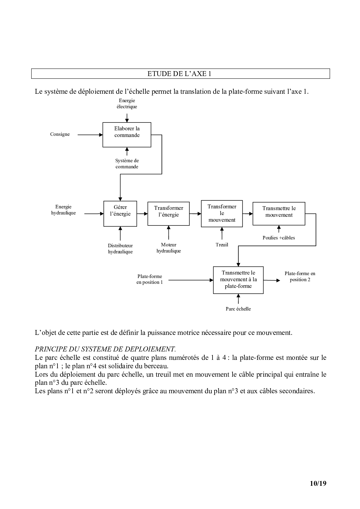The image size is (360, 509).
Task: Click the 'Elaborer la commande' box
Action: [127, 135]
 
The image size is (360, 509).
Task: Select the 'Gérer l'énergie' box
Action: [120, 214]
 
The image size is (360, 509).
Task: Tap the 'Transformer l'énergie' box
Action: [168, 214]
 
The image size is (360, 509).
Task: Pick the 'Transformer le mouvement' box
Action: [222, 213]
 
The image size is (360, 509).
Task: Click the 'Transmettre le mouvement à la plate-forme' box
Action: [238, 280]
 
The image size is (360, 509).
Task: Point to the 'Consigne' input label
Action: [60, 134]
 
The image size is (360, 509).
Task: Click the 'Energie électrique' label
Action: [127, 104]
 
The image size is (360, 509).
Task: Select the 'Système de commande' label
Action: [127, 164]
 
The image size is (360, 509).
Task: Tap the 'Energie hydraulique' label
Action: [63, 210]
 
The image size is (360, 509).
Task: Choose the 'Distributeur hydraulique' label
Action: [120, 249]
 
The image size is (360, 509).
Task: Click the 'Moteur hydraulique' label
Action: [168, 248]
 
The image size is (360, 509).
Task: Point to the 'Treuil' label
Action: [222, 245]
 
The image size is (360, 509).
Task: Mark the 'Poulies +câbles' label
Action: [279, 238]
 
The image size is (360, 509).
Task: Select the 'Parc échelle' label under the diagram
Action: [238, 309]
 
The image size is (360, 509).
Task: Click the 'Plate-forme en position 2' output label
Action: [300, 277]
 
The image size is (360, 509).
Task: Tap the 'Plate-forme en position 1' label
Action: [150, 279]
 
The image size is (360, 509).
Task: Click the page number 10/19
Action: [318, 483]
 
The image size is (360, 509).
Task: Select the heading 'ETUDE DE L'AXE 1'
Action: [179, 74]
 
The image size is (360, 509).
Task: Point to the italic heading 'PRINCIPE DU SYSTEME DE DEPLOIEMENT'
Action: [105, 349]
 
